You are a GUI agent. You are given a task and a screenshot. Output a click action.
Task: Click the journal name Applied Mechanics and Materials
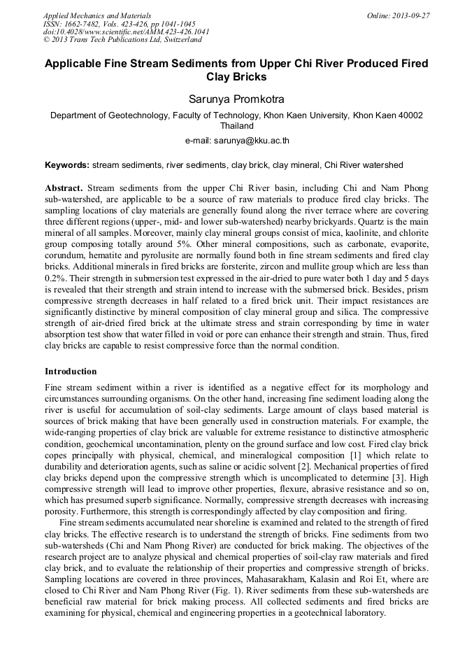(97, 15)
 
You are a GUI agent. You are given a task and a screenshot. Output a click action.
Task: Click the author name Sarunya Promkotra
(236, 101)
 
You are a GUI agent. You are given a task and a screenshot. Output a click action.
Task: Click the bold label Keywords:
(67, 165)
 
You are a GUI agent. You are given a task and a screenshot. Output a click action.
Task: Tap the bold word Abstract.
(64, 189)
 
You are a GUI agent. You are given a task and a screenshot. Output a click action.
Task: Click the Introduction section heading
(71, 371)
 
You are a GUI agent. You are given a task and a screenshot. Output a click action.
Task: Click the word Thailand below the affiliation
(236, 127)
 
